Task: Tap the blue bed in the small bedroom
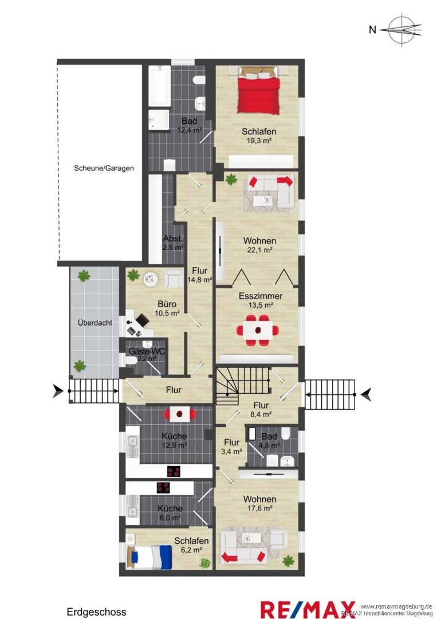(149, 557)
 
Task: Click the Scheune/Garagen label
(104, 168)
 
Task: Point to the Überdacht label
(95, 323)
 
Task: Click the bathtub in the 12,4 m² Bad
(160, 86)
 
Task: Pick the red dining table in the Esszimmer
(258, 331)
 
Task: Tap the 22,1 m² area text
(259, 250)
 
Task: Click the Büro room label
(167, 304)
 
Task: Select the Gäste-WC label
(147, 351)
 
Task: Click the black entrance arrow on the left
(58, 391)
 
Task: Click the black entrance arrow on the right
(367, 394)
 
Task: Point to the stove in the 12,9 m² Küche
(174, 471)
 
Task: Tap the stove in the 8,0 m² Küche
(163, 488)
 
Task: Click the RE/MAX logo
(308, 609)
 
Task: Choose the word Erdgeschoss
(96, 612)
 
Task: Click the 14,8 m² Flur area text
(200, 280)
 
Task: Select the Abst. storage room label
(173, 238)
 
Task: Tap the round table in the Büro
(150, 280)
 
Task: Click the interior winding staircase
(241, 385)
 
